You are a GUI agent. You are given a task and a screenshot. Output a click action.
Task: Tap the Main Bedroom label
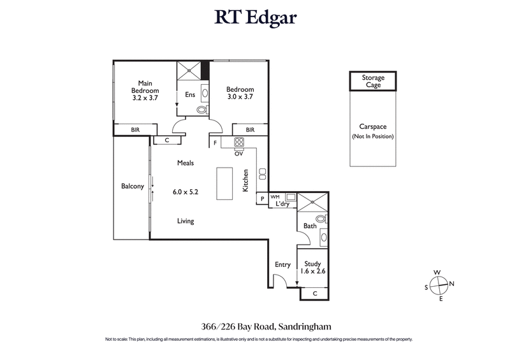(145, 86)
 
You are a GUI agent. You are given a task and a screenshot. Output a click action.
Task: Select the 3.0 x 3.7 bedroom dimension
(240, 98)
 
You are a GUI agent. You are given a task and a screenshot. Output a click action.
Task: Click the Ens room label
(190, 95)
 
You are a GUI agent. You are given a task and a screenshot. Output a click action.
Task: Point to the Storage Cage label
(373, 81)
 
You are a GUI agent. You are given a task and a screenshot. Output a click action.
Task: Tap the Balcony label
(132, 187)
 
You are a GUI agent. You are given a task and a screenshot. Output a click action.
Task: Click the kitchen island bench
(224, 185)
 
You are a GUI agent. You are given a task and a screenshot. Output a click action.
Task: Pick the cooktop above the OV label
(239, 143)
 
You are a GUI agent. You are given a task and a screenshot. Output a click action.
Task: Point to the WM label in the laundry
(275, 197)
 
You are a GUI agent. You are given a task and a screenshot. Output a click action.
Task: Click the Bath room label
(310, 226)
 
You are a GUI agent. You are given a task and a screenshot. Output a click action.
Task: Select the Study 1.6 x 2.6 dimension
(312, 271)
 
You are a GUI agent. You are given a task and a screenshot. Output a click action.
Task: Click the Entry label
(282, 264)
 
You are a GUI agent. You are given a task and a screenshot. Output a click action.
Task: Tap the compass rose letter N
(451, 284)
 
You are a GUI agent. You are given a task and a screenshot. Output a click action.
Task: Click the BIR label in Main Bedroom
(135, 130)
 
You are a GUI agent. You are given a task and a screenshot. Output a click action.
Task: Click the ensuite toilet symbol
(201, 110)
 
